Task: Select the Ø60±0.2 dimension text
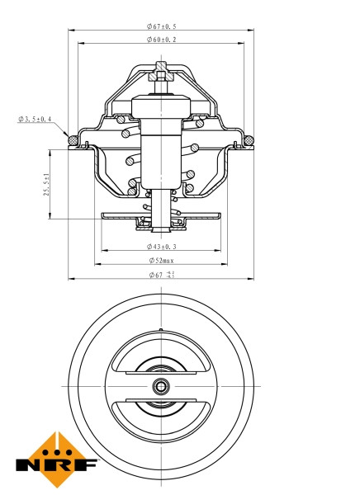[x=162, y=39]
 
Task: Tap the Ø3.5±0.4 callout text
[x=35, y=120]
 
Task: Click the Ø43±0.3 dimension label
[x=162, y=246]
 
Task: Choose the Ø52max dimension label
[x=162, y=260]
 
